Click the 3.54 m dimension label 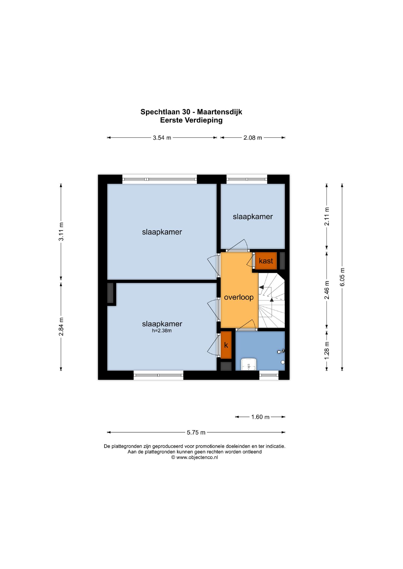click(162, 138)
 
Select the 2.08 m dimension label click(253, 138)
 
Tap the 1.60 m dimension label click(260, 417)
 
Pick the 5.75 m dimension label click(196, 432)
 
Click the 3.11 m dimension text click(61, 232)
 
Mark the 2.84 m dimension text click(61, 326)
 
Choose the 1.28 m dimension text click(327, 350)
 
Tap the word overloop click(239, 297)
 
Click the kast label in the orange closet click(266, 261)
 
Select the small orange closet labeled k click(226, 345)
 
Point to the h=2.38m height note click(162, 331)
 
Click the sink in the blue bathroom click(249, 364)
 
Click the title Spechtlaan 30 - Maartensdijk click(191, 112)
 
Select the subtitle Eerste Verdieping click(191, 120)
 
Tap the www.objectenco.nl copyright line click(194, 457)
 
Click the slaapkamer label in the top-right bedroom click(253, 217)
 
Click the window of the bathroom click(269, 375)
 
